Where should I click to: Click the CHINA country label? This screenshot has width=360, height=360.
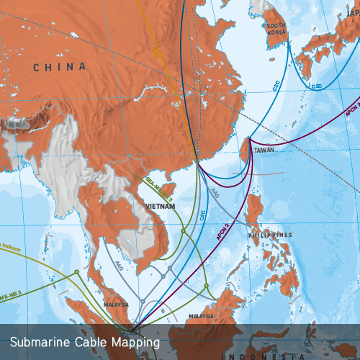tap(59, 67)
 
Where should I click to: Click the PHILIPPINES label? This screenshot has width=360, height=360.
tap(271, 235)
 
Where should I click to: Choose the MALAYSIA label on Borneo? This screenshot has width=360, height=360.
tap(202, 315)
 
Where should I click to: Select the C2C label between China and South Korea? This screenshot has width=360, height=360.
tap(276, 84)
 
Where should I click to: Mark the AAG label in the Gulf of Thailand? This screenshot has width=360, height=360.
tap(118, 265)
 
